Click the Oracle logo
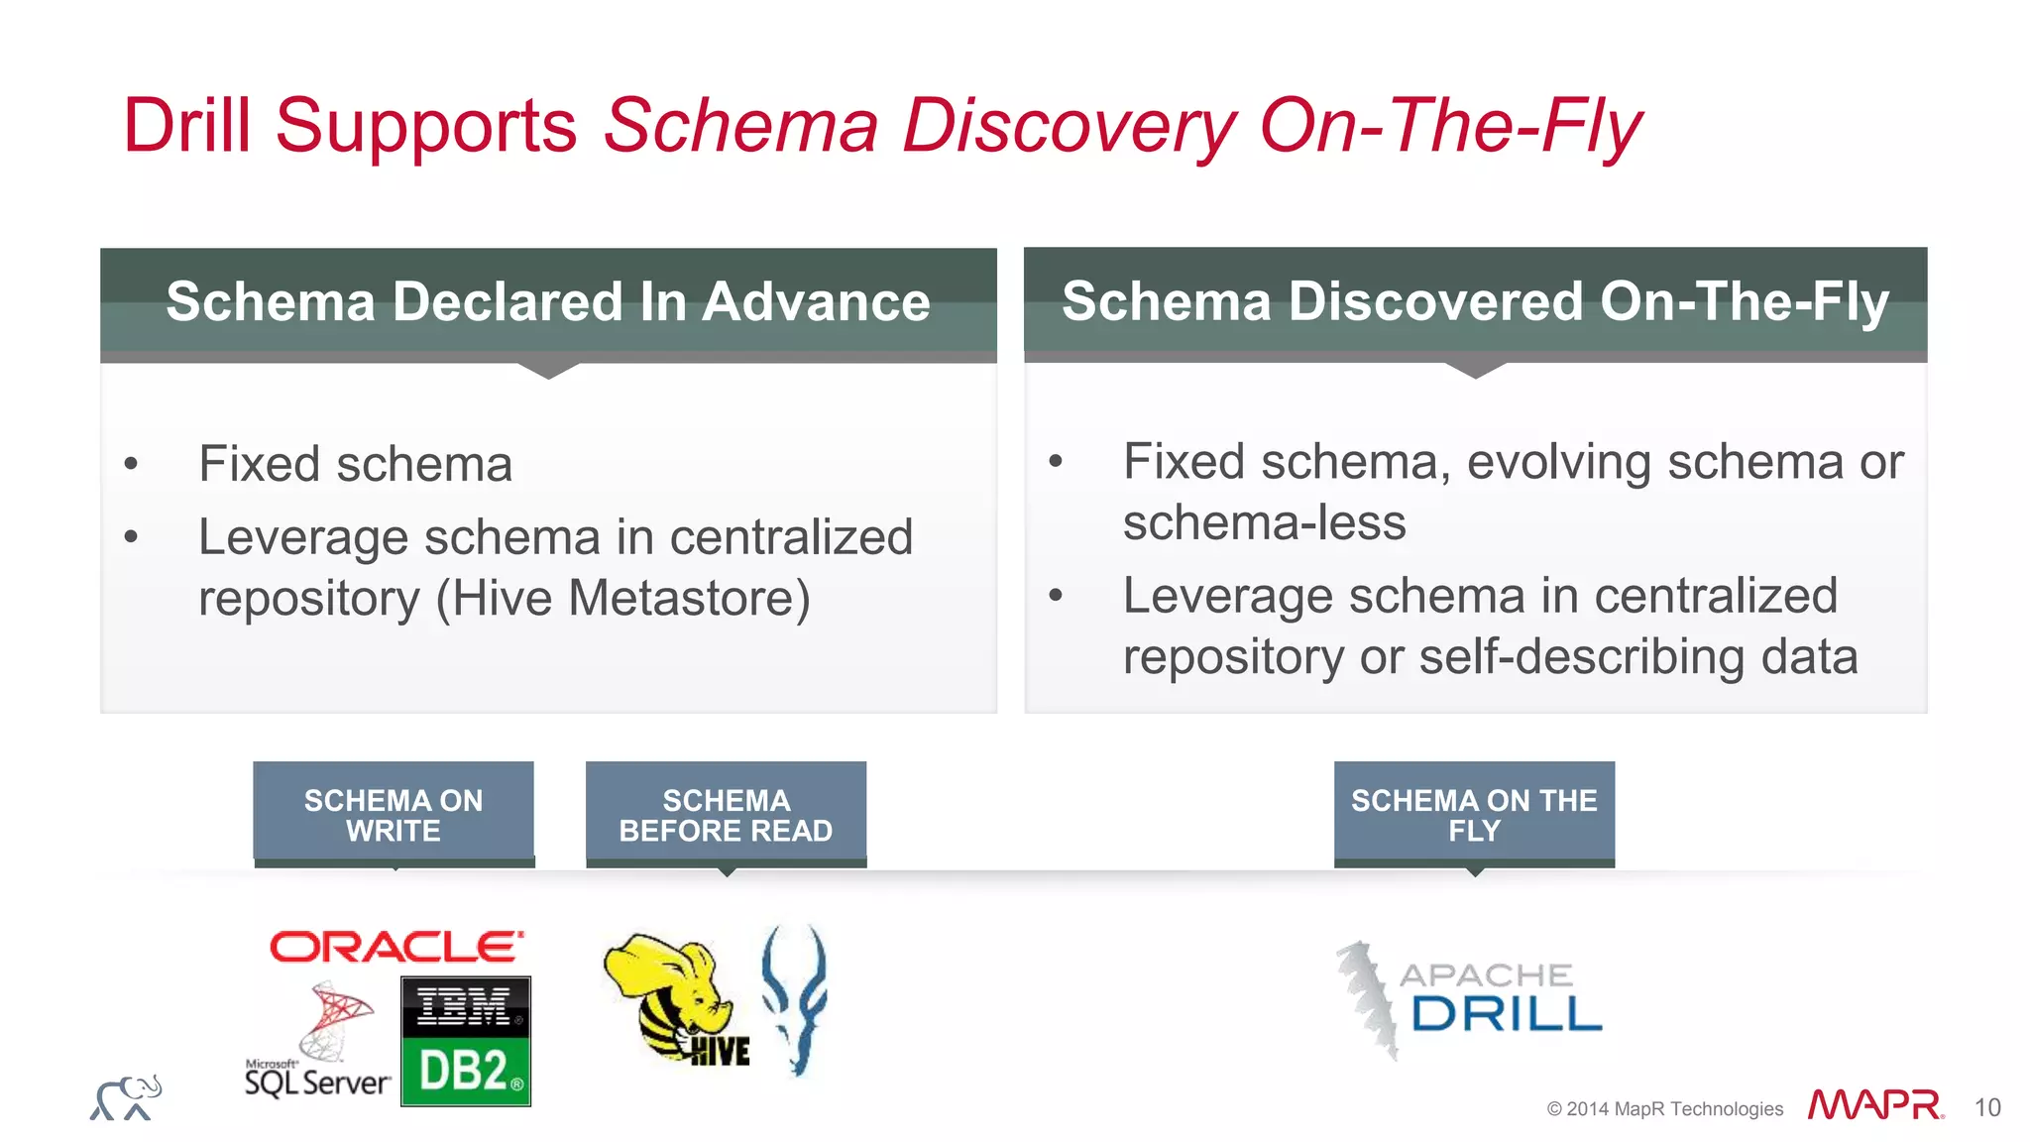pyautogui.click(x=395, y=947)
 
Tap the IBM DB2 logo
pyautogui.click(x=466, y=1041)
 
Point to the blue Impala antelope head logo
pyautogui.click(x=795, y=997)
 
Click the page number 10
pyautogui.click(x=1986, y=1107)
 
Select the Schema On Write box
pyautogui.click(x=394, y=814)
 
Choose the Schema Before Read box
pyautogui.click(x=726, y=814)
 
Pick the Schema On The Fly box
pyautogui.click(x=1474, y=814)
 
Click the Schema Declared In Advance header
pyautogui.click(x=548, y=301)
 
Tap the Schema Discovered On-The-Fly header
pyautogui.click(x=1475, y=301)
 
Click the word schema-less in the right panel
pyautogui.click(x=1264, y=522)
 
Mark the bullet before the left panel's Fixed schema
pyautogui.click(x=131, y=464)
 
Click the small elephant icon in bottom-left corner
pyautogui.click(x=126, y=1098)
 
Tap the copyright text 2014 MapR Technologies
pyautogui.click(x=1664, y=1109)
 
